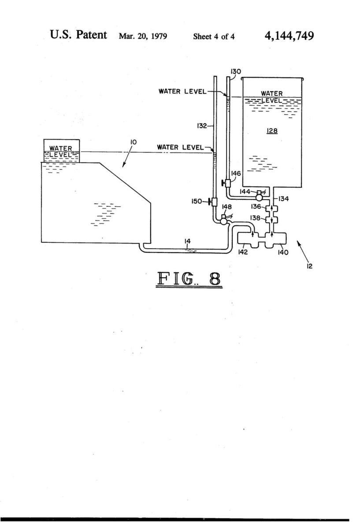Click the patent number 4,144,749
[289, 36]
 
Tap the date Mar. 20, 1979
[143, 36]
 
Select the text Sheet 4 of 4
[214, 36]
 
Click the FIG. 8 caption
[189, 279]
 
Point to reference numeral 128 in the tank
[272, 130]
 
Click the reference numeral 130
[236, 71]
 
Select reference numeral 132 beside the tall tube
[202, 126]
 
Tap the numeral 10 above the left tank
[133, 142]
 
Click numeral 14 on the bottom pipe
[187, 241]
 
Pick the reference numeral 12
[309, 266]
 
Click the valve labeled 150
[214, 202]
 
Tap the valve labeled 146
[226, 183]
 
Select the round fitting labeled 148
[223, 220]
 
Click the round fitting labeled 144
[260, 196]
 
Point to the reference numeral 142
[243, 252]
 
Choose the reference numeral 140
[283, 253]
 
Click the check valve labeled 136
[271, 209]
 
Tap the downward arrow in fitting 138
[272, 220]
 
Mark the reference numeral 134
[283, 199]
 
